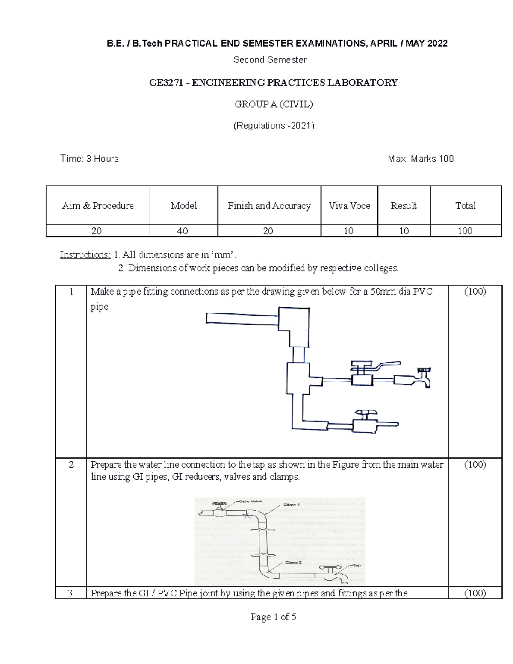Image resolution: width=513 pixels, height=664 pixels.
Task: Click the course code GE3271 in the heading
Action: coord(167,83)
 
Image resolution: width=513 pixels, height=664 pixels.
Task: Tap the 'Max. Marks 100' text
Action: coord(420,159)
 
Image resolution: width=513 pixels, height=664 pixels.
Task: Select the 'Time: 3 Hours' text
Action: coord(89,159)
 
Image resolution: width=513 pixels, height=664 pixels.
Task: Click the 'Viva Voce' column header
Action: coord(349,206)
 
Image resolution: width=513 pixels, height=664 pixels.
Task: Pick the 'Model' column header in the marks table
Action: coord(183,206)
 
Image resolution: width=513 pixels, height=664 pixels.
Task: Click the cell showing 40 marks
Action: coord(183,231)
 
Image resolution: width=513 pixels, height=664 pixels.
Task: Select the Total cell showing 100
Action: coord(465,231)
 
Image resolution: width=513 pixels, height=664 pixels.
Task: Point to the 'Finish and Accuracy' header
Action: coord(269,206)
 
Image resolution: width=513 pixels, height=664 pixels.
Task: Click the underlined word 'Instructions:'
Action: coord(85,255)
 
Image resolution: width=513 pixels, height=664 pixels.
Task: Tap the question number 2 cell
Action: coord(71,465)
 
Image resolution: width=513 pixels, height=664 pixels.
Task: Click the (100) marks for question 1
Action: coord(475,292)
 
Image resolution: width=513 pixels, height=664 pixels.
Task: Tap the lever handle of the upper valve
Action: coord(385,365)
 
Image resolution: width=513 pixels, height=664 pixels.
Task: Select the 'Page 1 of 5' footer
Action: coord(274,617)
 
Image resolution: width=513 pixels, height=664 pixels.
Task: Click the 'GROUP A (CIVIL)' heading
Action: coord(274,104)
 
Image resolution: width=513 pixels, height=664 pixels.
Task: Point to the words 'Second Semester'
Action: coord(270,60)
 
